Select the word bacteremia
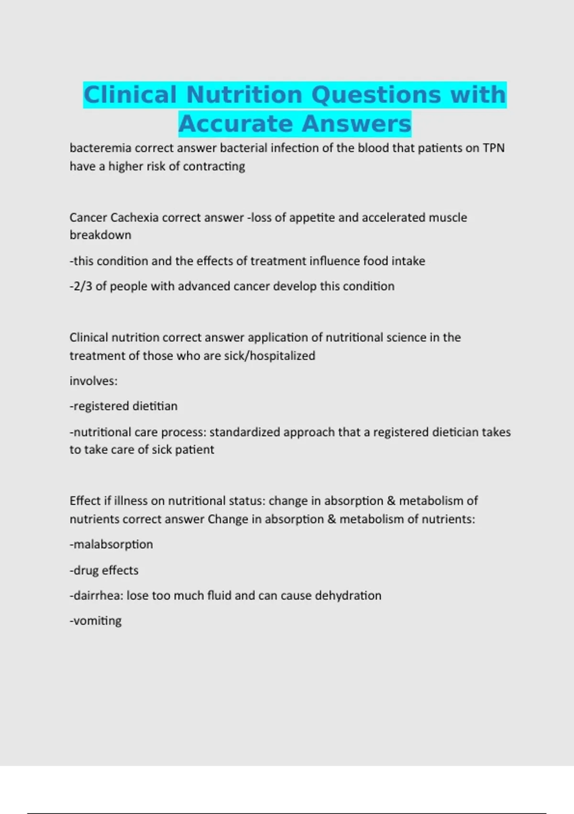pos(100,148)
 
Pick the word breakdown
pos(100,235)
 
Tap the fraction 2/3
pos(83,286)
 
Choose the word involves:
pos(93,381)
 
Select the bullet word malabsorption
pos(113,544)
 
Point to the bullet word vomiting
pos(97,621)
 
